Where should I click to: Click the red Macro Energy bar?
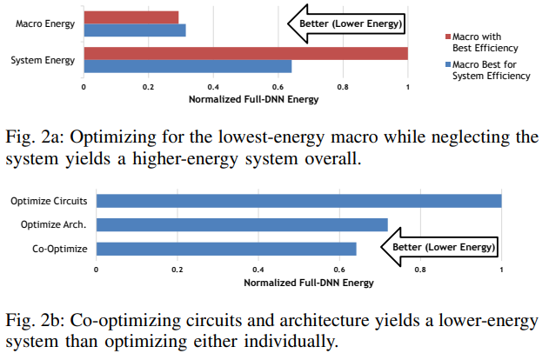tap(131, 17)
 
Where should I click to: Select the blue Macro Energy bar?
tap(135, 30)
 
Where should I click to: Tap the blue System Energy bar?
tap(187, 66)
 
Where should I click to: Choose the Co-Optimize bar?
tap(226, 249)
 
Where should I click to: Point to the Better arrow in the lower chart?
tap(440, 248)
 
